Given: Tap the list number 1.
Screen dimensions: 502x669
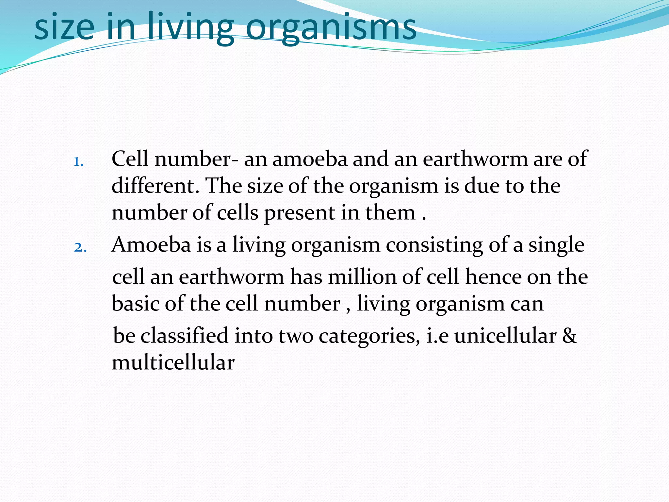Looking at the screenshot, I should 78,162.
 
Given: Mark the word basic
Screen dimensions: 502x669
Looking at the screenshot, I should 136,304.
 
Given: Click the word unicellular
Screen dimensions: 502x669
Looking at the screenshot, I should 505,336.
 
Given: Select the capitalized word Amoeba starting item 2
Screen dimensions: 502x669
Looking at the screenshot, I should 151,245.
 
